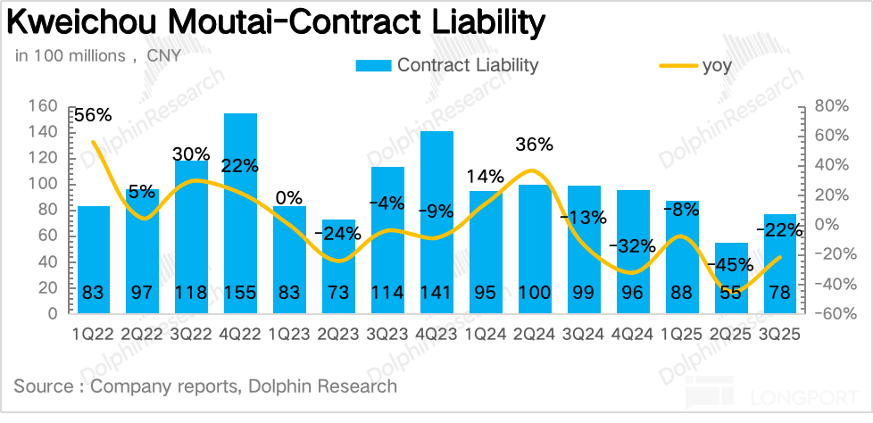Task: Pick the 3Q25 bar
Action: click(x=780, y=263)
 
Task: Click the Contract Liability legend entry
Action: click(x=447, y=65)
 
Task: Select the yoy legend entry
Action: click(x=693, y=65)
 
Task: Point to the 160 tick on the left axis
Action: click(x=44, y=106)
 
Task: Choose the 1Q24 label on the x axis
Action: click(x=486, y=336)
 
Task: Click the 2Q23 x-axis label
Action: click(x=338, y=336)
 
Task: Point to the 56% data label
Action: click(x=93, y=115)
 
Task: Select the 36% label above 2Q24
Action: click(x=535, y=145)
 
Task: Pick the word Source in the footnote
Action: click(x=42, y=386)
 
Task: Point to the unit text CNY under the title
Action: click(x=163, y=56)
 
